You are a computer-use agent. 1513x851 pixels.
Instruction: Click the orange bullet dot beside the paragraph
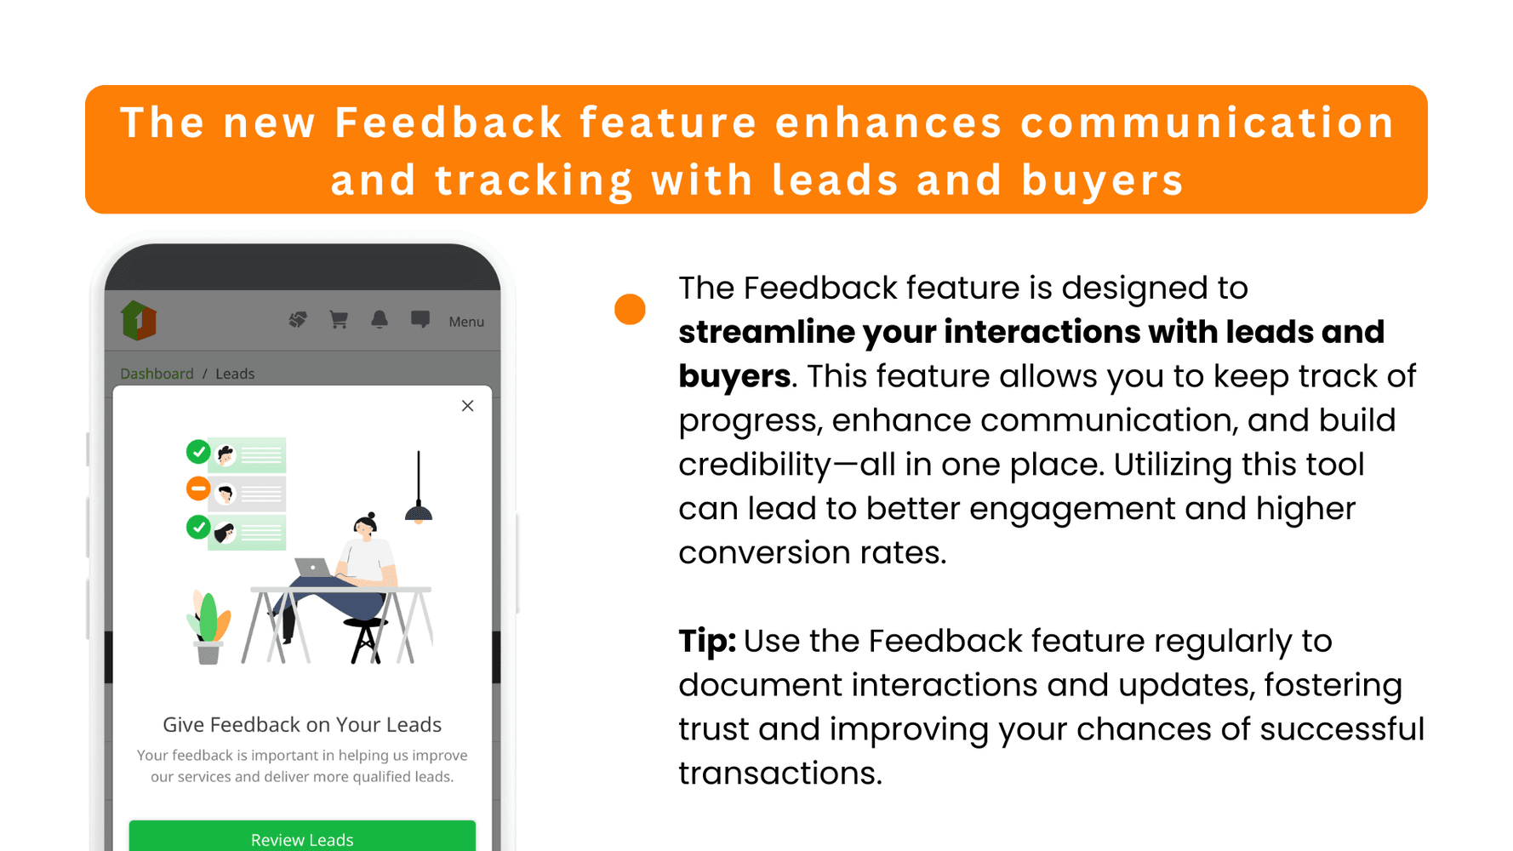[630, 309]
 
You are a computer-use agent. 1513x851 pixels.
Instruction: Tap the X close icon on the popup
[467, 406]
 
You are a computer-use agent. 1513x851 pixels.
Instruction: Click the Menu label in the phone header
[466, 322]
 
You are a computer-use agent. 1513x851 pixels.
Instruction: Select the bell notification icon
[380, 319]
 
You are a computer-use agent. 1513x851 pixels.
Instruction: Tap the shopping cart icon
[339, 319]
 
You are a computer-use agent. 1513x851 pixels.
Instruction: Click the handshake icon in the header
[298, 319]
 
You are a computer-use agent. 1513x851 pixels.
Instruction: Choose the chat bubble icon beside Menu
[420, 319]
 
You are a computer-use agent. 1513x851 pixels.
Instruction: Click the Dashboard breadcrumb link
[157, 374]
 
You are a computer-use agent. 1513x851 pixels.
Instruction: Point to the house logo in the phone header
[139, 321]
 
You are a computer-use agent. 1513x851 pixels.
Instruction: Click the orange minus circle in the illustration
[198, 488]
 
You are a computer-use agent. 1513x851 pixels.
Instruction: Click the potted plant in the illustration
[208, 627]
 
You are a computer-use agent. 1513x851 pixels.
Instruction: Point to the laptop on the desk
[312, 568]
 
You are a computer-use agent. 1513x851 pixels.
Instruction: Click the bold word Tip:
[707, 641]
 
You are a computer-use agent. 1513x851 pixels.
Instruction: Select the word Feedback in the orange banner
[448, 123]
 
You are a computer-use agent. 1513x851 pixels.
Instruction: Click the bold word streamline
[766, 332]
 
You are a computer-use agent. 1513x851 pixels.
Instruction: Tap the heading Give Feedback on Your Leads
[302, 724]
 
